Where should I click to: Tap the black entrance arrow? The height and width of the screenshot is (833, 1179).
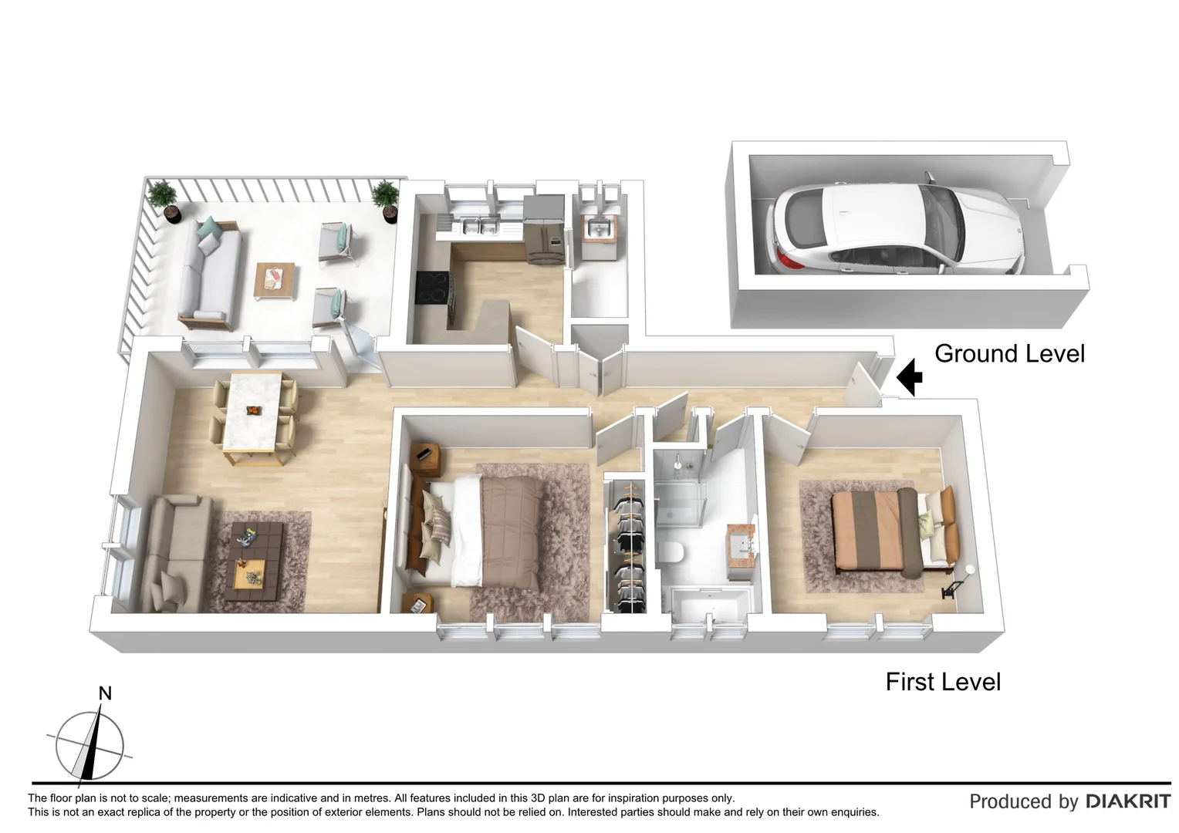[x=910, y=376]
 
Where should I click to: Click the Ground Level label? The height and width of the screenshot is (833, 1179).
[x=1009, y=354]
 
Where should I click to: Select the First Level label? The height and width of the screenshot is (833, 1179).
[x=943, y=682]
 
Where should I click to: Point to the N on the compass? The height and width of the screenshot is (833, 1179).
[x=105, y=693]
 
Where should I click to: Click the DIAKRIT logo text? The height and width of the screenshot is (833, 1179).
[x=1128, y=801]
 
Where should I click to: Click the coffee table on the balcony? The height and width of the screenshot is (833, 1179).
[x=275, y=281]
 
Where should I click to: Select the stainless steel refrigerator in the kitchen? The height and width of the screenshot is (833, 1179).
[x=544, y=230]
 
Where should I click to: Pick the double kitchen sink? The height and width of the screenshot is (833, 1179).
[x=478, y=227]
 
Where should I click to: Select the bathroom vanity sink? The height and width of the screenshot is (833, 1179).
[x=744, y=545]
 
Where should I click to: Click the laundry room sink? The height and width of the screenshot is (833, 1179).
[x=597, y=229]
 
